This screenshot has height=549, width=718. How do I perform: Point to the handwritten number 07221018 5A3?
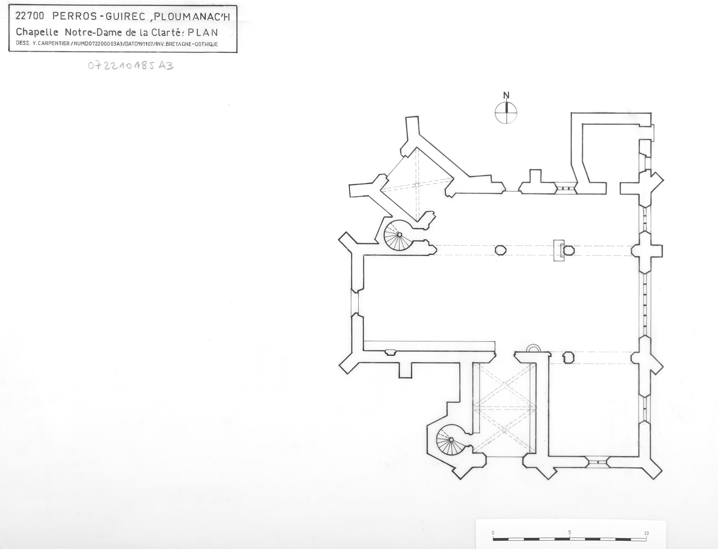(x=131, y=66)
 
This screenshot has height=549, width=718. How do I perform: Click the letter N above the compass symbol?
(x=506, y=95)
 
